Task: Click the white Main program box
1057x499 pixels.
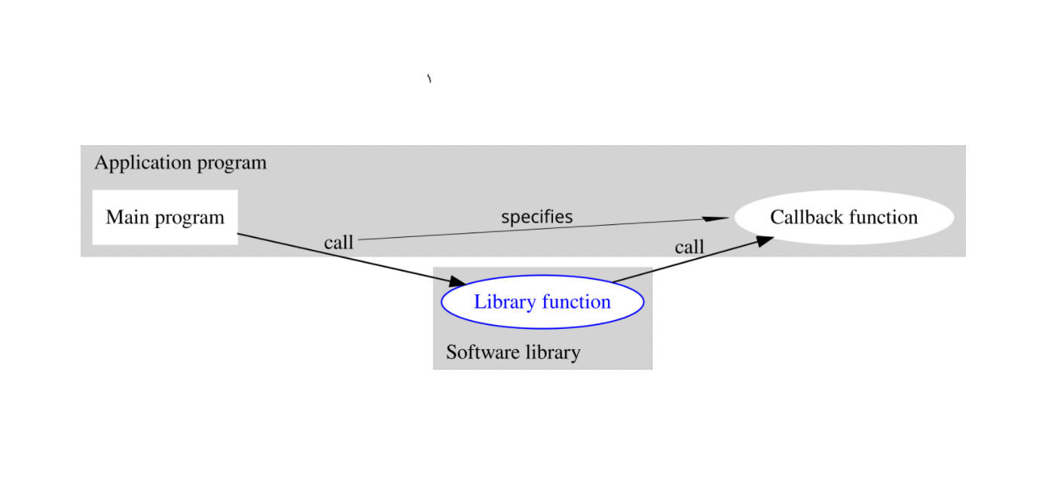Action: click(x=165, y=217)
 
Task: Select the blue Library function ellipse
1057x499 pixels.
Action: click(x=542, y=302)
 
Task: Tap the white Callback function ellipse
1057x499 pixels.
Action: click(x=844, y=218)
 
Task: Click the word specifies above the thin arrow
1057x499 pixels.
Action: click(x=536, y=217)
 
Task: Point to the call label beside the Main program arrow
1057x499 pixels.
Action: click(x=338, y=242)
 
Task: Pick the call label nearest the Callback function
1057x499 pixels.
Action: click(x=689, y=247)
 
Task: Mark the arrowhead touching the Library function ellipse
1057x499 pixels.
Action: click(x=458, y=282)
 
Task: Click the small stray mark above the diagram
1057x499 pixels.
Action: click(x=429, y=78)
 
